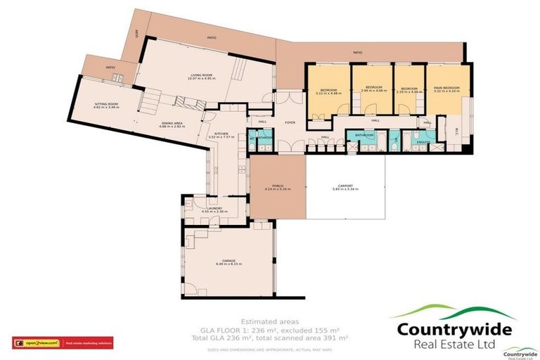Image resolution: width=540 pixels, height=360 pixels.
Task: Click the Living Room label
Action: coord(200,75)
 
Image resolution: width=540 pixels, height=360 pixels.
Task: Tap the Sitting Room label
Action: coord(107,103)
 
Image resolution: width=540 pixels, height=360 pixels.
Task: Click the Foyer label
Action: coord(289,122)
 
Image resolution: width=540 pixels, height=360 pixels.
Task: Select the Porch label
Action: coord(278,186)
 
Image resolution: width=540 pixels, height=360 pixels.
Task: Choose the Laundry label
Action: coord(212,208)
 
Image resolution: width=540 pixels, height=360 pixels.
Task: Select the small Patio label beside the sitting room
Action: coord(110,67)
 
